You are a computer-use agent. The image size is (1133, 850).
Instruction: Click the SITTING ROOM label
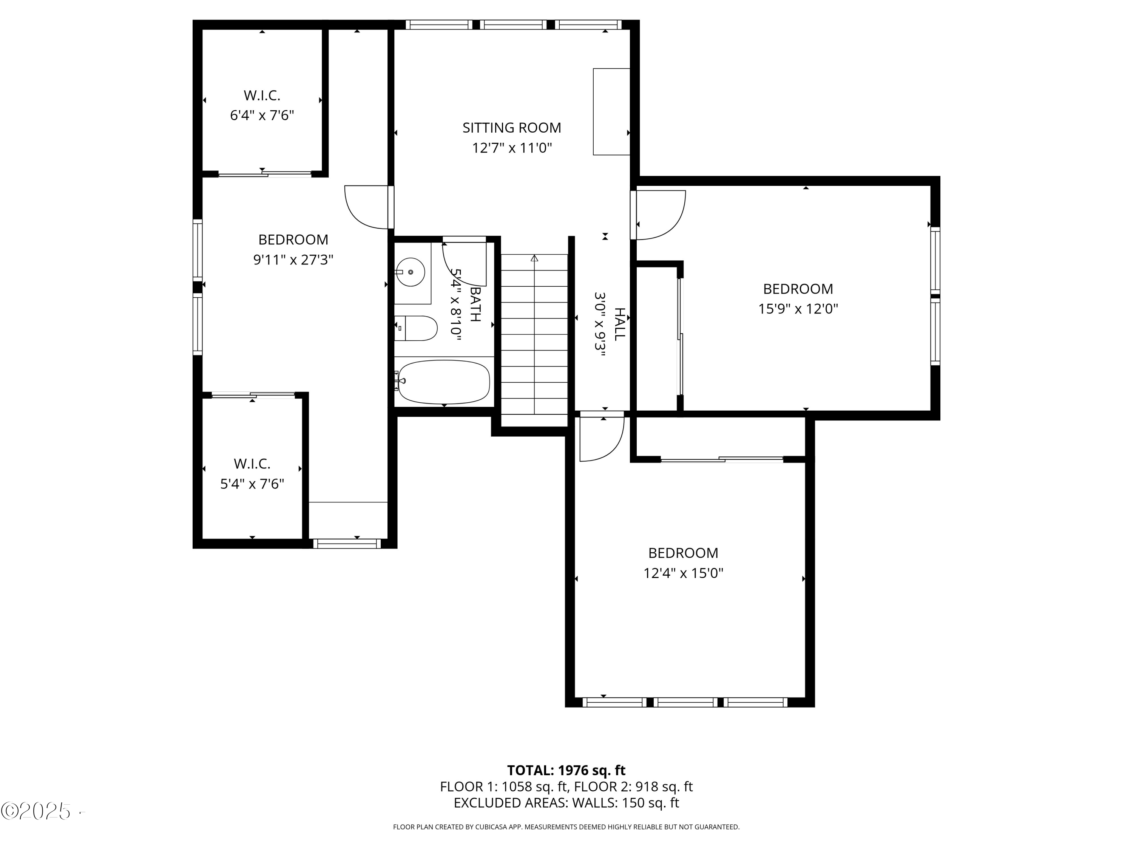[511, 128]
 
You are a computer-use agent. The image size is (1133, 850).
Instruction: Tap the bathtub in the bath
[444, 382]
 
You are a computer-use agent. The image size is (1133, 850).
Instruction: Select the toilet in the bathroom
[417, 328]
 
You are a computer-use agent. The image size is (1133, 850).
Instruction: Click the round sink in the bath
[410, 272]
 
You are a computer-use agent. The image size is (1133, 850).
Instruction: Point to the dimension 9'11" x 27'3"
[293, 260]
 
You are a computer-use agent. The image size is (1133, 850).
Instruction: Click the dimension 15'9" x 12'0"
[798, 309]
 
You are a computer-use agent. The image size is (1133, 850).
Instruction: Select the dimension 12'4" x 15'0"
[683, 573]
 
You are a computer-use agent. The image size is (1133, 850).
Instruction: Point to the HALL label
[620, 324]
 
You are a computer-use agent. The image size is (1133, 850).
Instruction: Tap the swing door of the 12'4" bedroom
[600, 439]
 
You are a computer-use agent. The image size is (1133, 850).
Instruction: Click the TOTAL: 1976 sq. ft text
[566, 770]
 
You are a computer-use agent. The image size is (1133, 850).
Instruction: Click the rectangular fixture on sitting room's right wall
[611, 112]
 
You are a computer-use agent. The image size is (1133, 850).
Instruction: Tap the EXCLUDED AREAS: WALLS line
[566, 802]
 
